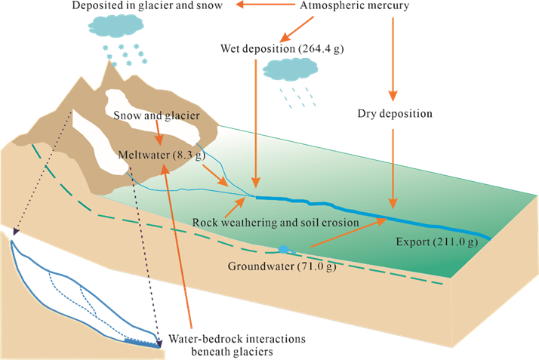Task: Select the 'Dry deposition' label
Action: [395, 114]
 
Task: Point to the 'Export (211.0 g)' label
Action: [437, 242]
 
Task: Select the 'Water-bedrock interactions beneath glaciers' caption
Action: [237, 345]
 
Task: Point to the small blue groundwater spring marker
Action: [283, 249]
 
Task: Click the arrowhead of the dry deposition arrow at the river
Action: [393, 203]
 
